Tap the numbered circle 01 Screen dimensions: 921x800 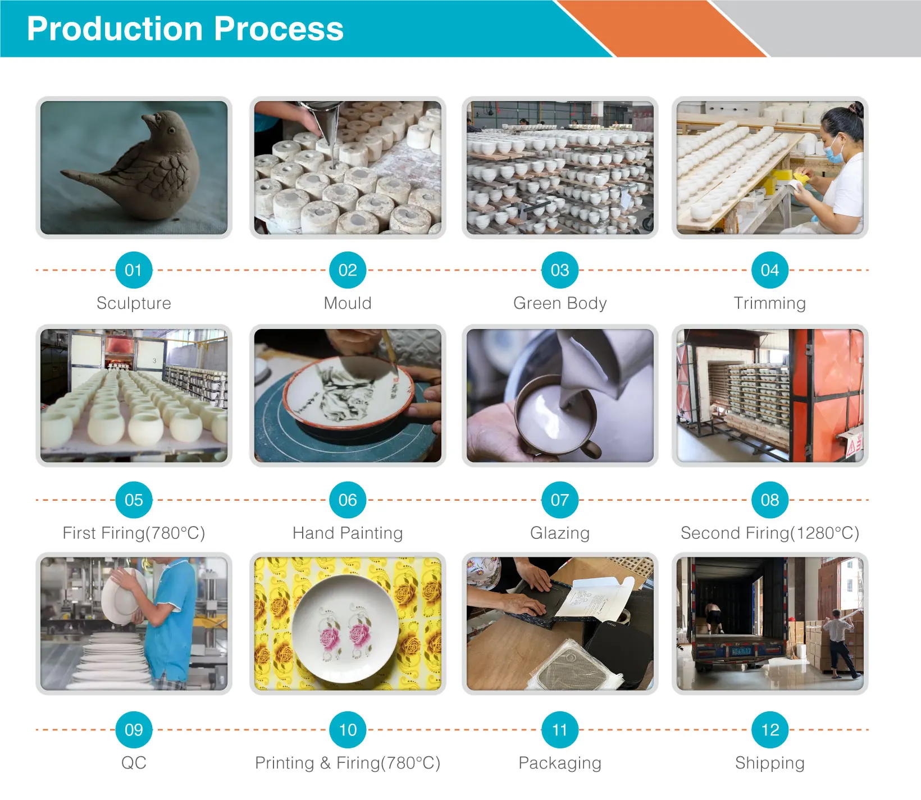coord(133,270)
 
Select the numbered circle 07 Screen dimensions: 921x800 coord(560,500)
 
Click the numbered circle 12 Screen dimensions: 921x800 coord(770,730)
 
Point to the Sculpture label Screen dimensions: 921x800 coord(134,303)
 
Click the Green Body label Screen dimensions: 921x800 coord(560,303)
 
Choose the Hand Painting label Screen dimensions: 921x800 coord(348,533)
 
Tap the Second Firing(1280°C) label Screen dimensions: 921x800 coord(770,533)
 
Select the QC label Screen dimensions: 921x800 coord(134,763)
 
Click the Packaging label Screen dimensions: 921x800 coord(560,763)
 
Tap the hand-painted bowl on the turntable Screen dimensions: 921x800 coord(348,393)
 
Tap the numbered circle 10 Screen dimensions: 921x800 coord(348,730)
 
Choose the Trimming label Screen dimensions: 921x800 coord(770,303)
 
